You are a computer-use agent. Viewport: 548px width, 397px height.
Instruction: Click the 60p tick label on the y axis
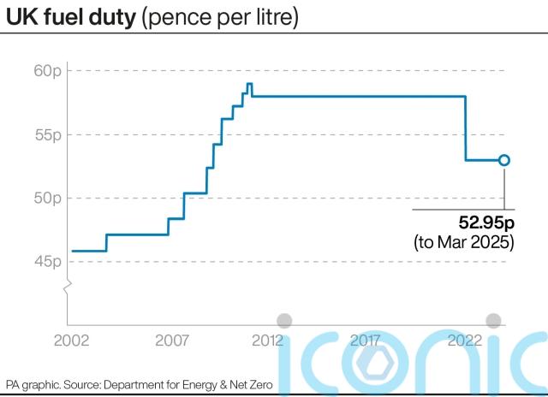pos(49,70)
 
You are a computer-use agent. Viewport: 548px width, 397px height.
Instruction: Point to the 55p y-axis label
pos(49,134)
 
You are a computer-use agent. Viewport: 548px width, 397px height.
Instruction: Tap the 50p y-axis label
pos(49,198)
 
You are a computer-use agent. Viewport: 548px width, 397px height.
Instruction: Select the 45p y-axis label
pos(49,261)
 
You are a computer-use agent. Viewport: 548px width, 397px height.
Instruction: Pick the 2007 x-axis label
pos(171,341)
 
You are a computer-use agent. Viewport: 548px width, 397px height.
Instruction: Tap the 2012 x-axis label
pos(268,341)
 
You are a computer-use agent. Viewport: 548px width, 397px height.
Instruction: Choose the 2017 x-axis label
pos(366,341)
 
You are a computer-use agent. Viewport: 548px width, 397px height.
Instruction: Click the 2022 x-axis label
pos(462,341)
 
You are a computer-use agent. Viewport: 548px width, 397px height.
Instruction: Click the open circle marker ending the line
pos(504,160)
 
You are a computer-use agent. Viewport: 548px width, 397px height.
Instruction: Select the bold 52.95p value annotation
pos(485,223)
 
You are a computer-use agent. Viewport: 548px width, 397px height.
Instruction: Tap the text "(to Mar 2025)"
pos(464,242)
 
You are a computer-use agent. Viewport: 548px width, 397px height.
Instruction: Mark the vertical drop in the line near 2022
pos(466,128)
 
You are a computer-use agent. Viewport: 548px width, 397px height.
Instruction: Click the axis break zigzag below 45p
pos(65,287)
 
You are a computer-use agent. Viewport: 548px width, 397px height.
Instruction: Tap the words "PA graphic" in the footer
pos(33,385)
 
